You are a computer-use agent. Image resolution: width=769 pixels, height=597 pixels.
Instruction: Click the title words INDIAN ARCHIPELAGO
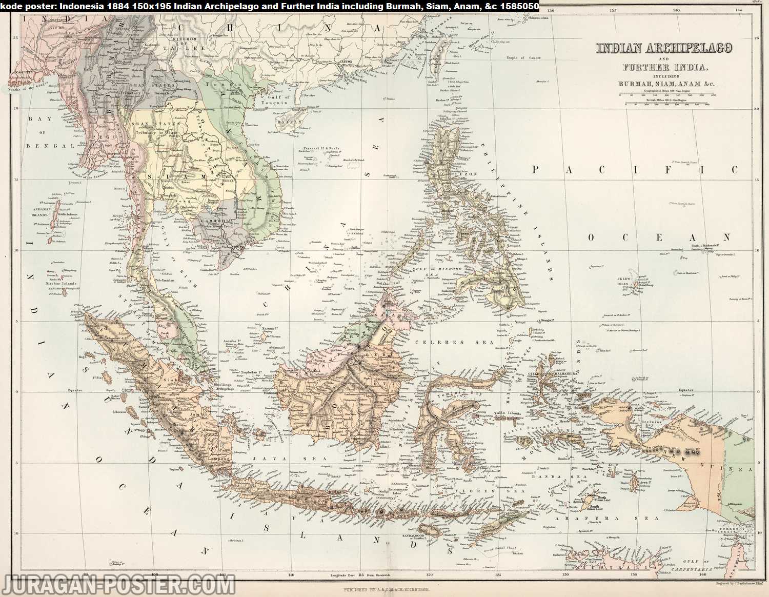[664, 49]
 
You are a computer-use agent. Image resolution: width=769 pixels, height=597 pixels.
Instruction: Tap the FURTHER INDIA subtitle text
[665, 67]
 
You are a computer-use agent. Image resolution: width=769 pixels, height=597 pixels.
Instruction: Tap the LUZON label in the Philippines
[467, 174]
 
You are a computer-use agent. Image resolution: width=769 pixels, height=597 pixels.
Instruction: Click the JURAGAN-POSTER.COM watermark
[118, 585]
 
